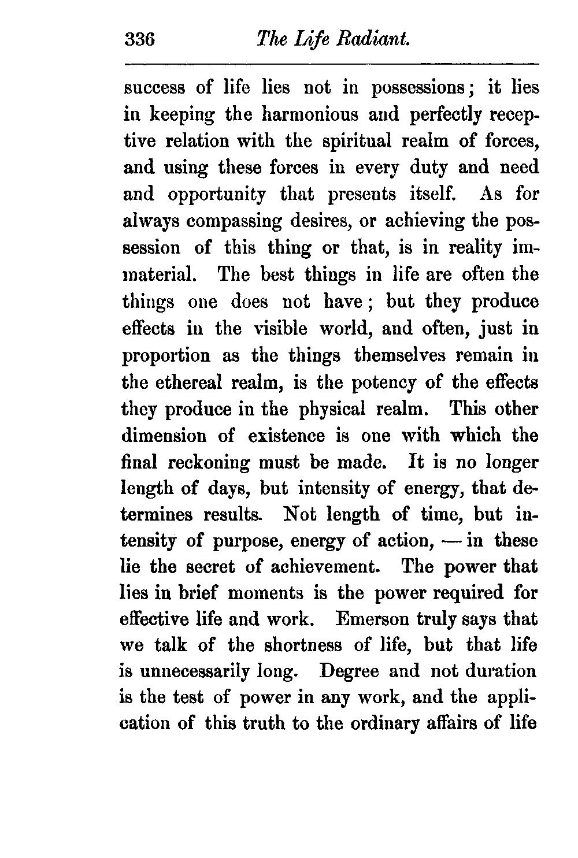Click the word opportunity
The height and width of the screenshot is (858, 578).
(x=217, y=194)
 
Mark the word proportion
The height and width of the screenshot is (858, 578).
(x=166, y=355)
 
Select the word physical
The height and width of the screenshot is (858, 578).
(x=333, y=408)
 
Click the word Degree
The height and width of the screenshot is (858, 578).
(x=349, y=672)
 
